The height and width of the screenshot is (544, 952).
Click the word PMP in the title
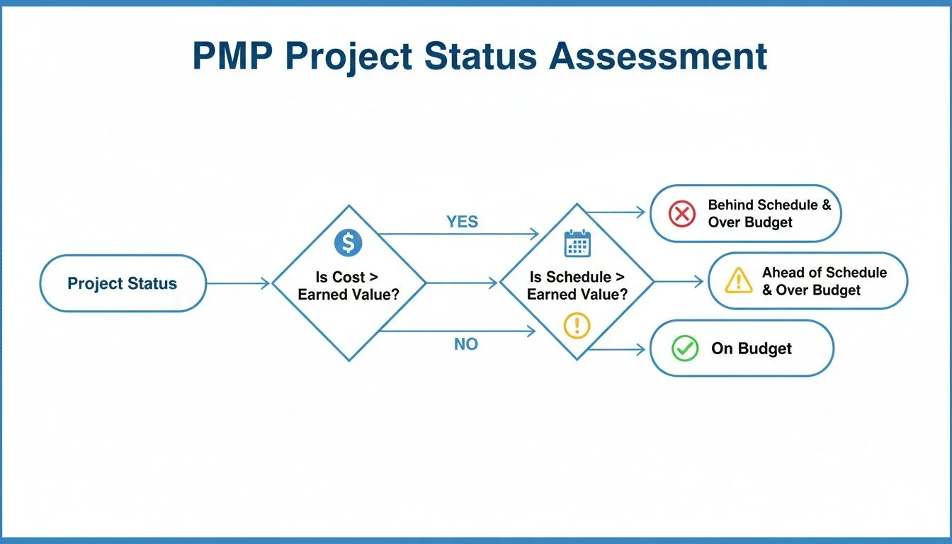coord(231,57)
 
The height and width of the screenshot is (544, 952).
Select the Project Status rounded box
coord(123,283)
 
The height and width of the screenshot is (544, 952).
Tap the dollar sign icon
coord(348,244)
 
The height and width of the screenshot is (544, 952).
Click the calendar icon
coord(577,244)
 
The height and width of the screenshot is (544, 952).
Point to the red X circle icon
coord(682,213)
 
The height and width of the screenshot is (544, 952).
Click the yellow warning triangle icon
coord(739,281)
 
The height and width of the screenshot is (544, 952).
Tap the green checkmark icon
coord(684,348)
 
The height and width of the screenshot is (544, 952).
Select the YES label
coord(462,222)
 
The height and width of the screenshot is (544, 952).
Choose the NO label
coord(465,344)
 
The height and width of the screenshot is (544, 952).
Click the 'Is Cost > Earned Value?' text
coord(347,285)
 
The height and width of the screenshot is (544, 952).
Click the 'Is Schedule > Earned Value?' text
coord(577,285)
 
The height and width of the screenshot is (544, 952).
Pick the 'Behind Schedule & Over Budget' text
coord(769,213)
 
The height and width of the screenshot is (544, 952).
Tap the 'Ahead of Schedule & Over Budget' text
coord(824,281)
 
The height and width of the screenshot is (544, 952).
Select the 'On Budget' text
coord(752,348)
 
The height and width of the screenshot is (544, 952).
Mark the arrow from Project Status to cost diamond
coord(238,283)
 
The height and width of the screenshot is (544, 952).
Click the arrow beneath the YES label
coord(459,234)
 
